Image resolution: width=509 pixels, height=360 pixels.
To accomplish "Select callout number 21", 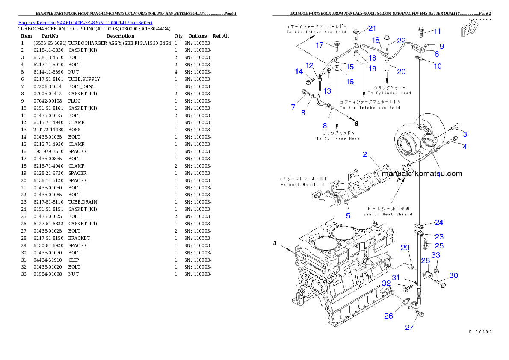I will (x=372, y=28).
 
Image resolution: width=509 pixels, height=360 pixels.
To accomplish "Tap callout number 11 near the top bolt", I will (x=437, y=31).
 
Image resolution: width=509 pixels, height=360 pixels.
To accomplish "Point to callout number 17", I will (x=320, y=45).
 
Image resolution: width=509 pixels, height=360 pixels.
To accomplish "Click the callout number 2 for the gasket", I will (x=364, y=154).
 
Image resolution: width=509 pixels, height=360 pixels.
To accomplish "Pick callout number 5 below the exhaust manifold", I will (x=348, y=216).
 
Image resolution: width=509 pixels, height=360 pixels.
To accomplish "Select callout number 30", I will (x=453, y=275).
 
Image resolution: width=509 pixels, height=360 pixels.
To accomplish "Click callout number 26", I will (x=388, y=316).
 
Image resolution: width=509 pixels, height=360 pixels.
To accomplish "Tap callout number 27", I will (x=409, y=328).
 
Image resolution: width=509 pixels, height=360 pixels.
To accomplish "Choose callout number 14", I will (x=299, y=72).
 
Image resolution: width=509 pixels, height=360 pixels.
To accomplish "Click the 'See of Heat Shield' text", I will (x=388, y=214).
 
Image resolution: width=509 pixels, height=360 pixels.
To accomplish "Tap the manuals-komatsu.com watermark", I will (x=421, y=174).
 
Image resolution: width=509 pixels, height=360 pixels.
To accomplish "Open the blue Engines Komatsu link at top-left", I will (x=85, y=23).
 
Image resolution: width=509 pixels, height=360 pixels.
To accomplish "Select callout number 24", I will (x=439, y=222).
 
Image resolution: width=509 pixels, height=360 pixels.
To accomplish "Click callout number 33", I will (x=435, y=255).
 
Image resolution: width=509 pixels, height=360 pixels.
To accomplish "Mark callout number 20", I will (x=401, y=71).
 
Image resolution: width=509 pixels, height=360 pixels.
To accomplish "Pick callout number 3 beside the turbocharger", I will (x=465, y=134).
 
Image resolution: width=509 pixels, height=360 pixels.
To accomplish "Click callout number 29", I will (x=405, y=248).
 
